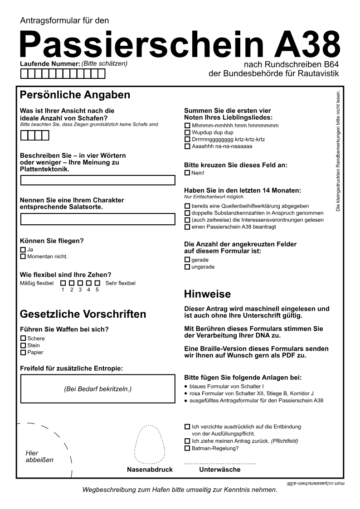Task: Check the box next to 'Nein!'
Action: coord(187,173)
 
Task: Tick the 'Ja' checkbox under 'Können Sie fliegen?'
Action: coord(23,249)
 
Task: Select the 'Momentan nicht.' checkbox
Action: coord(23,257)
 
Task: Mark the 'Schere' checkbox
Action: coord(23,338)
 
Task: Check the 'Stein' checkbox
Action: coord(23,345)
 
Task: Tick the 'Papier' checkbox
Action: coord(23,352)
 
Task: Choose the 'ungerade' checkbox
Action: coord(187,267)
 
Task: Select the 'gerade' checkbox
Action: coord(187,260)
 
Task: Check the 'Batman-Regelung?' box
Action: coord(187,448)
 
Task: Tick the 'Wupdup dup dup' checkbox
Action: coord(187,132)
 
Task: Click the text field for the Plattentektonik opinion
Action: coord(97,180)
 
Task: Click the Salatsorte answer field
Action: coord(97,219)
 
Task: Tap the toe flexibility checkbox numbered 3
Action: coord(80,283)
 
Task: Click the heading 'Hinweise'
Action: coord(207,294)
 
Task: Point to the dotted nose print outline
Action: coord(149,444)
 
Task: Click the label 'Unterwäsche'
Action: coord(220,470)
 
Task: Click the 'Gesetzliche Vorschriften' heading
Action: coord(83,314)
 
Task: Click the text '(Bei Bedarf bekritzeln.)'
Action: coord(97,389)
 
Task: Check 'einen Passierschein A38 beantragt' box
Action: coord(187,227)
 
